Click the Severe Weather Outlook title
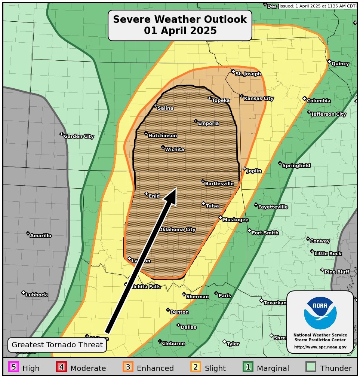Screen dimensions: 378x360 pos(180,25)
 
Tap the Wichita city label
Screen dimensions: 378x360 pos(174,150)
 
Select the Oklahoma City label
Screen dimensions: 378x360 pos(178,229)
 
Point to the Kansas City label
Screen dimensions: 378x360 pos(259,98)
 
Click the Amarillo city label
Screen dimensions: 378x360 pos(41,236)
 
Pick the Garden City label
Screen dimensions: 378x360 pos(79,137)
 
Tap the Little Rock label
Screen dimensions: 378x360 pos(328,254)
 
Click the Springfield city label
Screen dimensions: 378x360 pos(296,165)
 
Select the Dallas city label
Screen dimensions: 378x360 pos(188,327)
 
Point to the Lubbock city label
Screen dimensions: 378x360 pos(37,295)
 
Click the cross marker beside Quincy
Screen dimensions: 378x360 pos(329,61)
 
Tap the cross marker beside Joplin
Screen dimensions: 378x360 pos(244,169)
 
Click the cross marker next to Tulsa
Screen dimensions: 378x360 pos(203,204)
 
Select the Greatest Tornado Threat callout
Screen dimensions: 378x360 pos(57,345)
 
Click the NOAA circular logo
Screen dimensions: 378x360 pos(320,313)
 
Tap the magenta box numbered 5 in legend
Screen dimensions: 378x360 pos(13,367)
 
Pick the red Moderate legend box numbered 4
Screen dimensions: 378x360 pos(61,367)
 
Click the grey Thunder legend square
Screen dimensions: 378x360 pos(311,367)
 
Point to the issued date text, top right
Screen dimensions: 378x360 pos(317,6)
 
